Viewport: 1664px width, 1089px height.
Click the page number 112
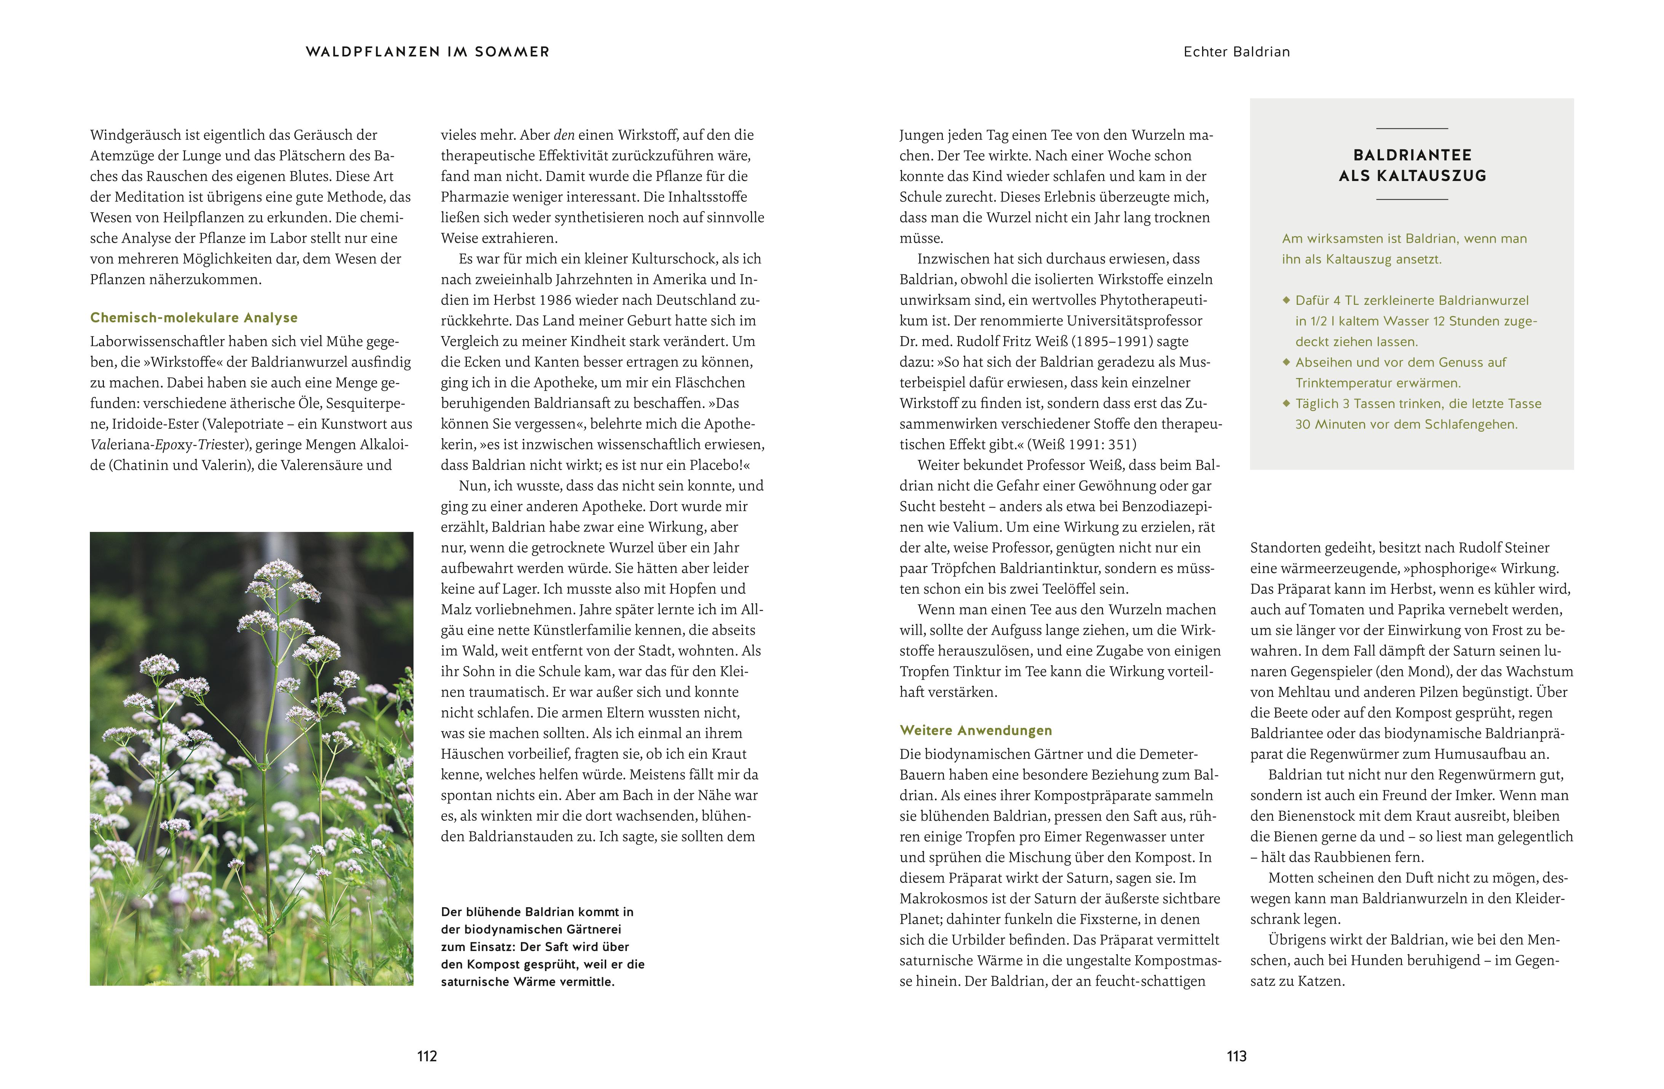click(x=426, y=1056)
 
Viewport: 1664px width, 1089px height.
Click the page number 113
click(x=1236, y=1056)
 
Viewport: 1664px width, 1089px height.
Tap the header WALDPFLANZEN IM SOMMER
click(x=427, y=52)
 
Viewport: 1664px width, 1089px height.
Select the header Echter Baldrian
click(x=1236, y=52)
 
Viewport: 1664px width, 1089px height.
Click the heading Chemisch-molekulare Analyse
click(x=194, y=317)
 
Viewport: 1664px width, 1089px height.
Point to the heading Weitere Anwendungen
click(x=975, y=730)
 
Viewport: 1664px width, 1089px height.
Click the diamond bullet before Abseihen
click(x=1286, y=362)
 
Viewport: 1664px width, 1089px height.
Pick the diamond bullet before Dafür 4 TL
click(x=1286, y=300)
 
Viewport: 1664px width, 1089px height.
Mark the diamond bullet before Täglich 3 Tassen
click(x=1286, y=403)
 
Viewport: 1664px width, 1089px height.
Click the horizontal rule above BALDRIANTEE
click(x=1412, y=129)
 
